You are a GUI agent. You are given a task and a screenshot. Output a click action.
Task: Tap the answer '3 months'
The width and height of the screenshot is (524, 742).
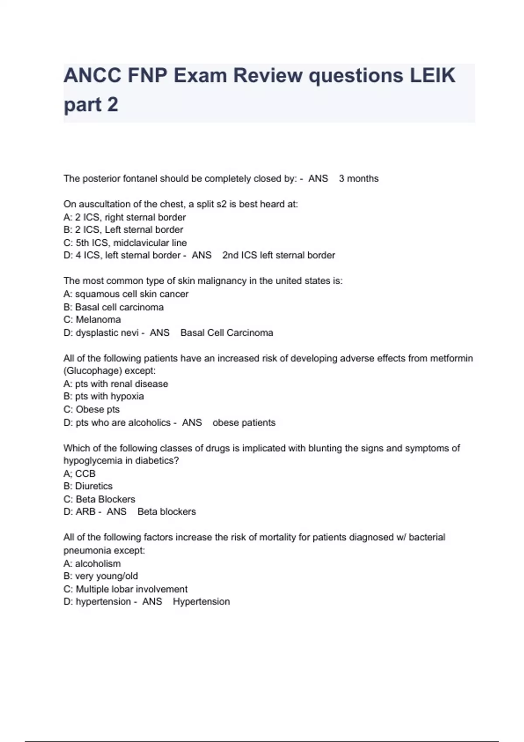tap(359, 179)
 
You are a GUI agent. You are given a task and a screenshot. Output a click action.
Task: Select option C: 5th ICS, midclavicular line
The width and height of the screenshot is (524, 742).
tap(125, 243)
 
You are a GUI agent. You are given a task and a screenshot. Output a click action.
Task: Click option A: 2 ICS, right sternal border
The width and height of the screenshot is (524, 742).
tap(124, 217)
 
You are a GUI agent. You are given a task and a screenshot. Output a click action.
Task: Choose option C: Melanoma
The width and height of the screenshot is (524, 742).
tap(92, 319)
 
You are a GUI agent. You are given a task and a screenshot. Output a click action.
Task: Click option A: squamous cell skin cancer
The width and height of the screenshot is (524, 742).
tap(126, 294)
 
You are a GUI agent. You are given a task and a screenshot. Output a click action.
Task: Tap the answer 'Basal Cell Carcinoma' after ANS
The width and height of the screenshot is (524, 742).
tap(227, 333)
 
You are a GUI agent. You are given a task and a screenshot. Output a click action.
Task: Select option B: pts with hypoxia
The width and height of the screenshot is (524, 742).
tap(103, 396)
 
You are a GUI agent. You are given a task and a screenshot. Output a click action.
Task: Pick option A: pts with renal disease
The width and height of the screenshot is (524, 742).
tap(116, 384)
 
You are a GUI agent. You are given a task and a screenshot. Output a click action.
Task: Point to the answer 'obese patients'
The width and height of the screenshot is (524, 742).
tap(244, 423)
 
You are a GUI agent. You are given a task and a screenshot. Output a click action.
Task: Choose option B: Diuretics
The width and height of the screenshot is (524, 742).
tap(88, 486)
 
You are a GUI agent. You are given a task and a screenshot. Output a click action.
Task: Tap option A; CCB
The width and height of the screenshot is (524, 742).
tap(79, 474)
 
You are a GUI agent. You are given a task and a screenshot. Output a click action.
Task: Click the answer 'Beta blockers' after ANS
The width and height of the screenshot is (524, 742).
tap(166, 512)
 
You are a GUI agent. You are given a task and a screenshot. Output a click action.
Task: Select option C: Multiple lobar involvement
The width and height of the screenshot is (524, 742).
tap(125, 589)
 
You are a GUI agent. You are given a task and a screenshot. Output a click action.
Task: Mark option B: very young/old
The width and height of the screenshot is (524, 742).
tap(100, 576)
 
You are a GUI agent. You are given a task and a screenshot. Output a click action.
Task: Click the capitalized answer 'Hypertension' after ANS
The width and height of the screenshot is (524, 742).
tap(201, 601)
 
